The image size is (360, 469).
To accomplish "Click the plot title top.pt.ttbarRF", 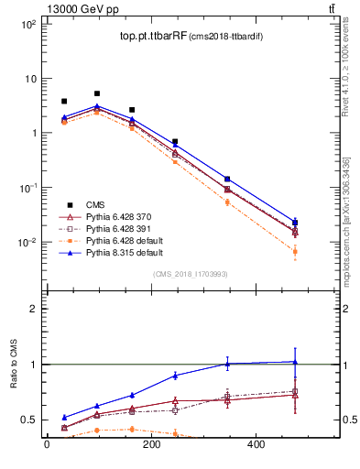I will (x=153, y=37).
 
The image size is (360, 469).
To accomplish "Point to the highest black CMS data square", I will (x=97, y=93).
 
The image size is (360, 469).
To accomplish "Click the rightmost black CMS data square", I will (x=295, y=223).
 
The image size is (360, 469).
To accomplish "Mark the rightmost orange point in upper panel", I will (x=295, y=251).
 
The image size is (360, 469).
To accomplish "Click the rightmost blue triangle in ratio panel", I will (x=295, y=361).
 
